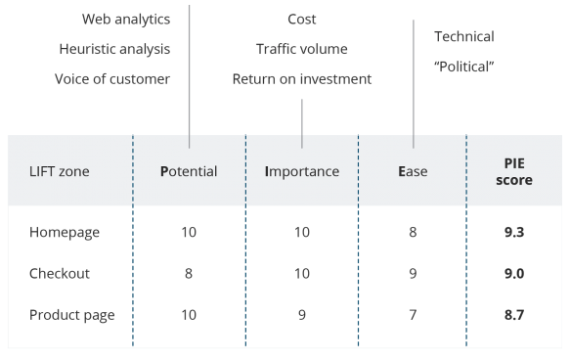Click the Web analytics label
click(x=126, y=20)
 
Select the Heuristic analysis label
click(x=114, y=50)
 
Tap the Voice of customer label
click(x=112, y=79)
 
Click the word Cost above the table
click(x=302, y=20)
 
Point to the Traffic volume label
click(x=302, y=49)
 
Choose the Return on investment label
click(x=302, y=79)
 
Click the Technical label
click(x=464, y=36)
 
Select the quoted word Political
click(x=464, y=67)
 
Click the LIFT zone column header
click(x=60, y=171)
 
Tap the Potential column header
click(x=189, y=171)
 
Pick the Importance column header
click(x=302, y=171)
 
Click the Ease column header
click(x=413, y=171)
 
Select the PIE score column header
click(x=514, y=171)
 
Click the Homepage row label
click(x=65, y=233)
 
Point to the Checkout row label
click(x=60, y=274)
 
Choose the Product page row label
click(x=72, y=315)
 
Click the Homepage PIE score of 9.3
click(x=514, y=232)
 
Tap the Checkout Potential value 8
click(x=189, y=274)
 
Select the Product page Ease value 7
click(x=413, y=315)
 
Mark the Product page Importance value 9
click(x=302, y=315)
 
